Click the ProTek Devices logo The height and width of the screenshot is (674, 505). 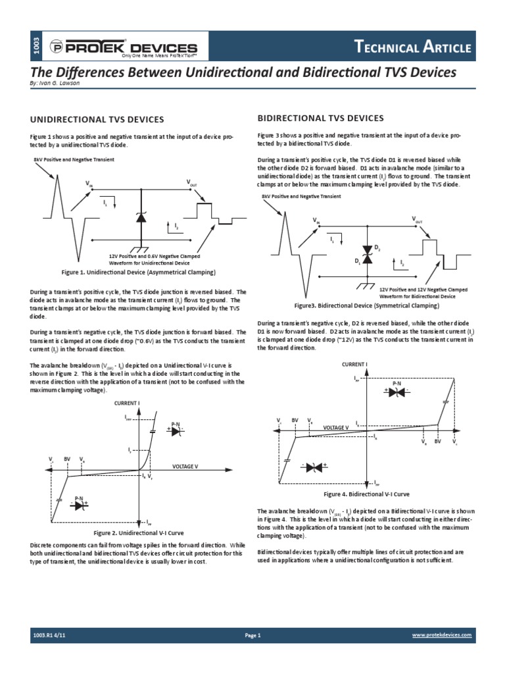tap(124, 48)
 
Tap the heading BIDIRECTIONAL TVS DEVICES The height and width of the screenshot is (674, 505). tap(320, 118)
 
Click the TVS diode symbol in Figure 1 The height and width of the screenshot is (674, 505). tap(141, 218)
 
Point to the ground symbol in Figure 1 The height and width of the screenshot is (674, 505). tap(141, 249)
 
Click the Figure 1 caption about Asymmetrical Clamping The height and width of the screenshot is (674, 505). tap(138, 272)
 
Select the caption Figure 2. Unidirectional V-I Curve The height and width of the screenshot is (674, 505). tap(138, 532)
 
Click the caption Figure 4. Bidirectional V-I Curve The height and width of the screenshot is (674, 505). tap(367, 494)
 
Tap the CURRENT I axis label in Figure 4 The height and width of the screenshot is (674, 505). tap(354, 364)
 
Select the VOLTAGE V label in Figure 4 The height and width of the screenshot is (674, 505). tap(335, 427)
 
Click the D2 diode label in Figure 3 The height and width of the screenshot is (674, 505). tap(377, 247)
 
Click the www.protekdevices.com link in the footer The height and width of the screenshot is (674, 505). tap(442, 635)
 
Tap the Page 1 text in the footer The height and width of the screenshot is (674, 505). tap(252, 635)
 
